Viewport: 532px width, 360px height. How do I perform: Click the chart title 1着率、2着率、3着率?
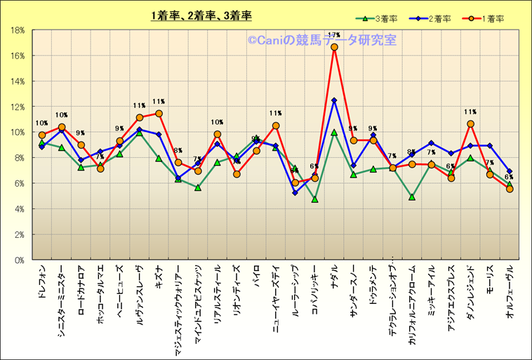(201, 15)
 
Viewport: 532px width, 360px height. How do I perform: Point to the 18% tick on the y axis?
(18, 30)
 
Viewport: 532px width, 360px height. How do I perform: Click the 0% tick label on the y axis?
(20, 260)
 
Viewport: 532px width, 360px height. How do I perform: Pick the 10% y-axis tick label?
(18, 132)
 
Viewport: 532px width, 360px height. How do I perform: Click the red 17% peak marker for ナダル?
(334, 47)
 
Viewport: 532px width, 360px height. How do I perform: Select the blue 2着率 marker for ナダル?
(334, 100)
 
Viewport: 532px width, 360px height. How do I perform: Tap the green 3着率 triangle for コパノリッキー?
(315, 199)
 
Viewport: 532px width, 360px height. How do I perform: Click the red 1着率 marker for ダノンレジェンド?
(470, 124)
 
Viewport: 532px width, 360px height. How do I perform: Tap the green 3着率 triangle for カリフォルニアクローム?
(412, 197)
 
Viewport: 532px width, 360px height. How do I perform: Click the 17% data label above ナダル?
(334, 35)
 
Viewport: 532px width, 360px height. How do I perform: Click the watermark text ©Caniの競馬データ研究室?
(321, 41)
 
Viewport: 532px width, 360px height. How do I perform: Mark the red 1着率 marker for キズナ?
(159, 114)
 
